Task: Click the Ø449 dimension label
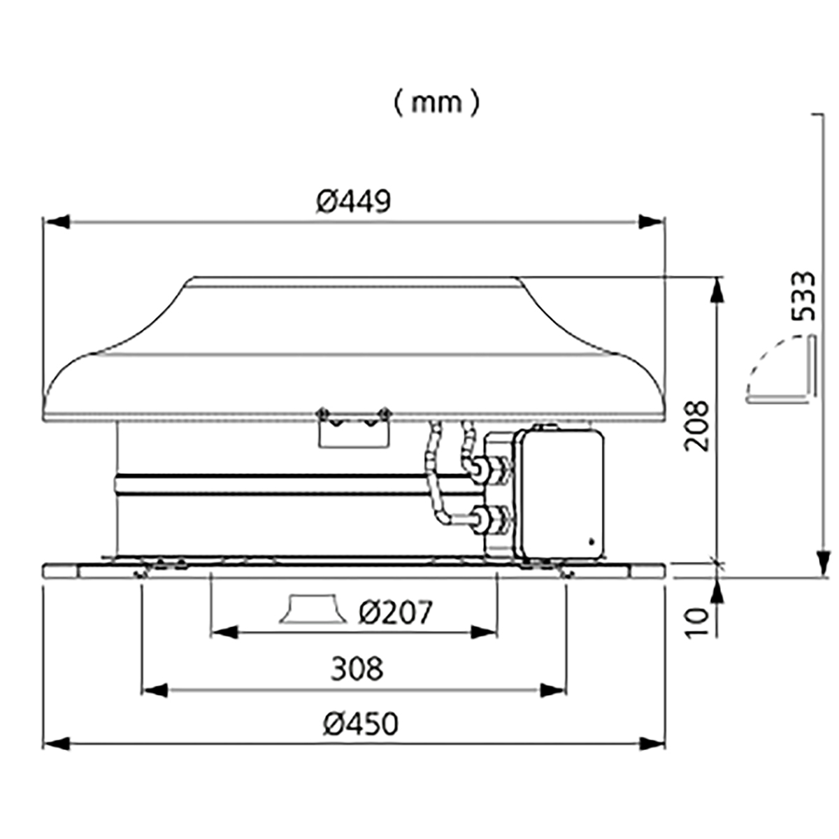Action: pos(354,201)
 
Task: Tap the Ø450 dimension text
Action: pos(361,724)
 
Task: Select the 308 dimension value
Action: pos(357,669)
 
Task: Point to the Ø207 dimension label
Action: pos(396,612)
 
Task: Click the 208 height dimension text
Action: pos(698,426)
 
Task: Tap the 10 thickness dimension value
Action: pos(698,624)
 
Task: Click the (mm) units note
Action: pos(437,103)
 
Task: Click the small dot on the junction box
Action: pos(591,542)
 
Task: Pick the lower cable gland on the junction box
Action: pos(491,519)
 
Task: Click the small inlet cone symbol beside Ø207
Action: pos(313,609)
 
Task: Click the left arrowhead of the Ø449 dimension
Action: pos(57,222)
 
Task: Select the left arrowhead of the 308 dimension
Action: pos(155,690)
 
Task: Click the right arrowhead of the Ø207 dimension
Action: pos(484,632)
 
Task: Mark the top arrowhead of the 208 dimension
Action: pos(718,290)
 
